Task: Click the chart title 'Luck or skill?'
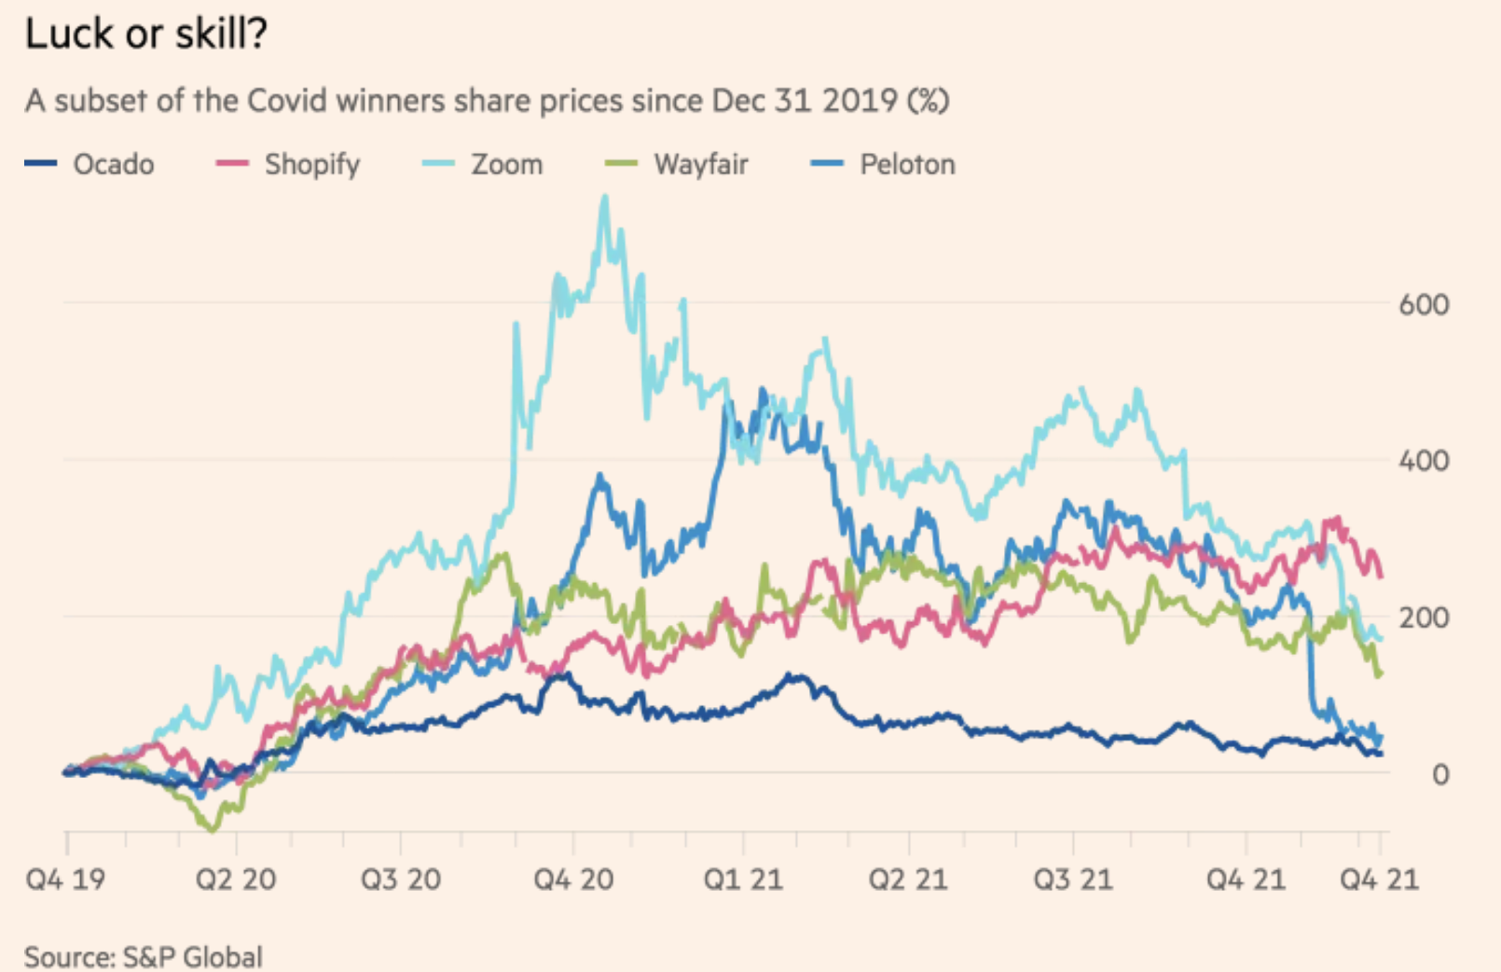click(146, 34)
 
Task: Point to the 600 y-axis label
click(1424, 304)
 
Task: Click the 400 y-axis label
click(1424, 460)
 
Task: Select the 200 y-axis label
click(1424, 617)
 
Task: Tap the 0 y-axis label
click(1440, 773)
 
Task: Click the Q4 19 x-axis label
click(65, 879)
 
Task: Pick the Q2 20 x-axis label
click(236, 879)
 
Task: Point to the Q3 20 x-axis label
click(401, 879)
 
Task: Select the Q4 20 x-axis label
click(573, 879)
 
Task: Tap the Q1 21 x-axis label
click(743, 879)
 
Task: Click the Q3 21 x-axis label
click(1073, 879)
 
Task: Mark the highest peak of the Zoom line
click(605, 197)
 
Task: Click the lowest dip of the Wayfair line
click(213, 829)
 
